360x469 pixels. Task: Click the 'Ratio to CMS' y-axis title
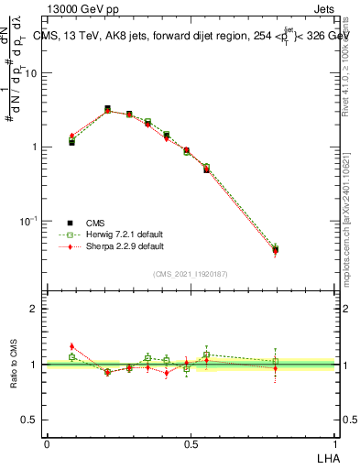[15, 364]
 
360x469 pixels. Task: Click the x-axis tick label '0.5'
[191, 442]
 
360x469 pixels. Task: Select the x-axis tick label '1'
[334, 442]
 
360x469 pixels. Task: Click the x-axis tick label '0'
[48, 442]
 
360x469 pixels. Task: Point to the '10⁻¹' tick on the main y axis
[31, 221]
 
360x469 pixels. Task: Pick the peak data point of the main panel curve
[107, 109]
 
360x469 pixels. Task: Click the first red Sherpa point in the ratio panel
[71, 346]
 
